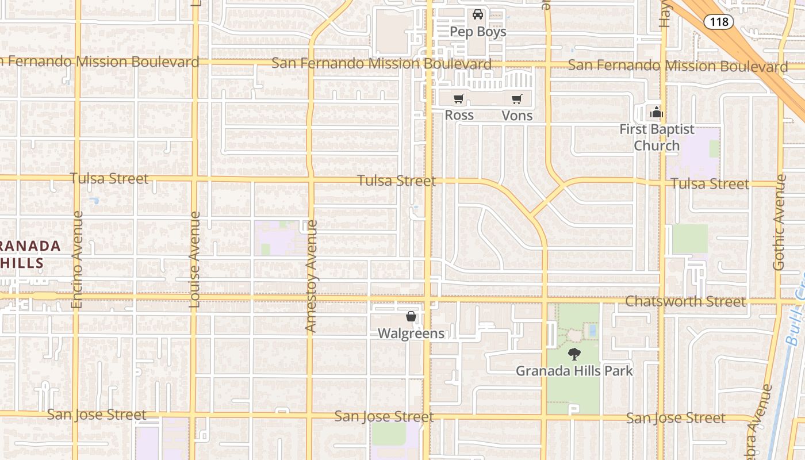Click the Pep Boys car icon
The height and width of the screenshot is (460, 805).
(x=478, y=14)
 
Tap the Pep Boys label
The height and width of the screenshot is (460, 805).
(x=478, y=32)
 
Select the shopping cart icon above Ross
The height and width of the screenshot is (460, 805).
(x=458, y=99)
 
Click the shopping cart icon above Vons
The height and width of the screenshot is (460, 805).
(x=517, y=99)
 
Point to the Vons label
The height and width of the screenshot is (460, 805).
(x=517, y=116)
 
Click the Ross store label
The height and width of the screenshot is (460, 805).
(x=459, y=115)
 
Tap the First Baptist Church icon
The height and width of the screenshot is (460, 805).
(x=657, y=112)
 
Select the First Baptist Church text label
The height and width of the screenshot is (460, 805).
(x=657, y=137)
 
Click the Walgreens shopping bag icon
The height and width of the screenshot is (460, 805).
(x=411, y=316)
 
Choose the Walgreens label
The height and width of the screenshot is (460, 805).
(x=411, y=333)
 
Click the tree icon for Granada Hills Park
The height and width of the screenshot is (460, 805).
(x=574, y=354)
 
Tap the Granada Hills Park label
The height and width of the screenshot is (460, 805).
(x=574, y=371)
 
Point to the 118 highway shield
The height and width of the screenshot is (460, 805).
(x=719, y=22)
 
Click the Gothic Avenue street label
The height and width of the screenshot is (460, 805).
(x=779, y=222)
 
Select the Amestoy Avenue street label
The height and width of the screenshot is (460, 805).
(x=311, y=276)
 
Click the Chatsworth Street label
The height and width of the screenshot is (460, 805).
(x=685, y=301)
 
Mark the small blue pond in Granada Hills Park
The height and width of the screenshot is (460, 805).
(x=592, y=330)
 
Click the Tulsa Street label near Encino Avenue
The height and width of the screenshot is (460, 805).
(x=109, y=178)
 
